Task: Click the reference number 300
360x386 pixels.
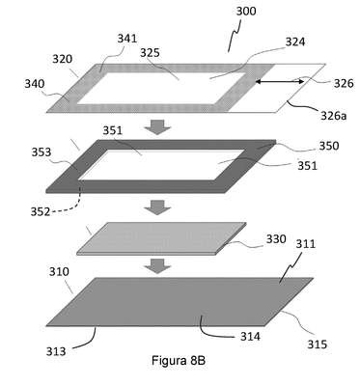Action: [x=246, y=11]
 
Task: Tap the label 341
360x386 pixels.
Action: [x=127, y=39]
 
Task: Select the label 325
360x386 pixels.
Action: [x=150, y=53]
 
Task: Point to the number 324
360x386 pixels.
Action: [x=295, y=41]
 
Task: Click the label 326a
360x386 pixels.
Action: [x=334, y=115]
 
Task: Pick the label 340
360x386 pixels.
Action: [x=35, y=84]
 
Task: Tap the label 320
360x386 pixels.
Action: [x=63, y=59]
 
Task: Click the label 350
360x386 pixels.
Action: [x=329, y=146]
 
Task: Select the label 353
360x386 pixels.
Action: [x=42, y=152]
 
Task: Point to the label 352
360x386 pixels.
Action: [x=41, y=212]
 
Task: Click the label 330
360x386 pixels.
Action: [x=276, y=239]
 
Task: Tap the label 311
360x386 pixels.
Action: [x=306, y=244]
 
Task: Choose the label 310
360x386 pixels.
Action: [x=59, y=272]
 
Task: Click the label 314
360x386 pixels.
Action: [x=250, y=337]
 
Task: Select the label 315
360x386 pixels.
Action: [x=318, y=345]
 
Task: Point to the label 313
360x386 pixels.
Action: [x=56, y=351]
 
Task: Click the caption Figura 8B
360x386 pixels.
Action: [x=179, y=360]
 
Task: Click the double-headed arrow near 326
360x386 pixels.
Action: [x=279, y=82]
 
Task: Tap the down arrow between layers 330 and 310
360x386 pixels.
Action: [x=157, y=266]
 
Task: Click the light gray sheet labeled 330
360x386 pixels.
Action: [x=161, y=238]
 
